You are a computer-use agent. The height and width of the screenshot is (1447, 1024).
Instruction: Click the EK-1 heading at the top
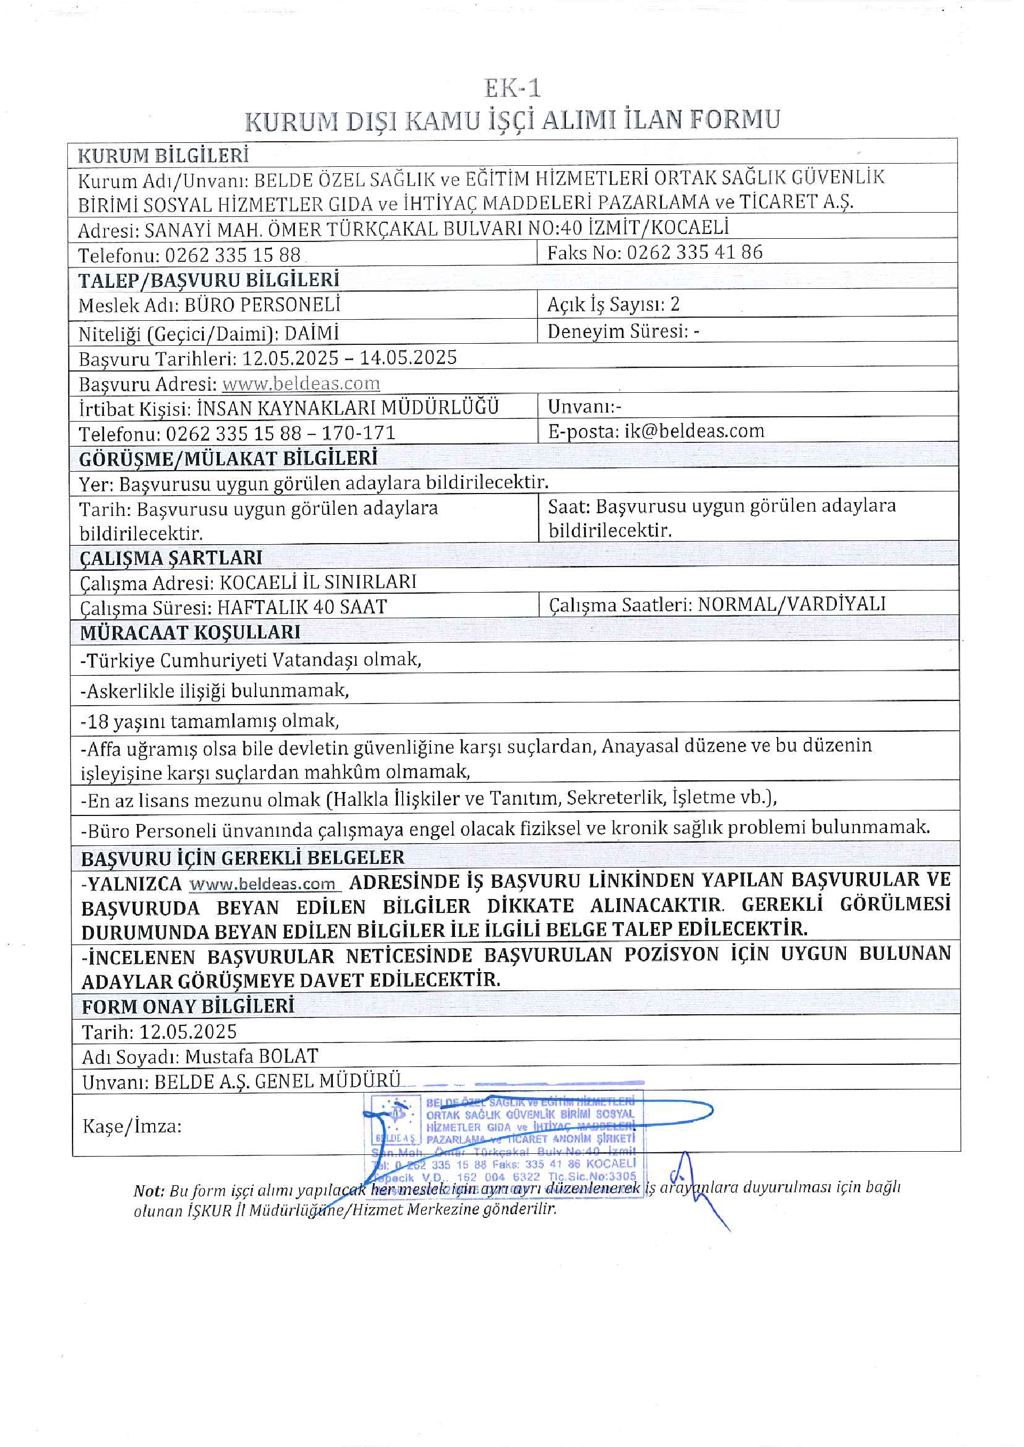point(512,88)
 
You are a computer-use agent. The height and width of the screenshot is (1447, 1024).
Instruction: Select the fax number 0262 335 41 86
point(694,253)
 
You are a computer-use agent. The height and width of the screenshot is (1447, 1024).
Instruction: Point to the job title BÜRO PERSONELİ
point(262,306)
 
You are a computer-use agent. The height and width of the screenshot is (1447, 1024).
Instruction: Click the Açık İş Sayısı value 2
point(675,304)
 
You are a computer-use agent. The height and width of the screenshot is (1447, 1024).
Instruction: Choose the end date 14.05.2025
point(408,358)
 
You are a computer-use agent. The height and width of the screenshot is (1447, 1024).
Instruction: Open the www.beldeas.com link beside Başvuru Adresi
point(301,384)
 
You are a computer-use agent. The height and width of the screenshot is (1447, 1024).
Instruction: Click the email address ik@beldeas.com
point(694,431)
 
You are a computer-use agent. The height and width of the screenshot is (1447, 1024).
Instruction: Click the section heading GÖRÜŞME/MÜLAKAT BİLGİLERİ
point(228,458)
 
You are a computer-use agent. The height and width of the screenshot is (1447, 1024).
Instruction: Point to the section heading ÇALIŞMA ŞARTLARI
point(171,558)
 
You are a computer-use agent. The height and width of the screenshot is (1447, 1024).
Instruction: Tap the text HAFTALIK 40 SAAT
point(302,607)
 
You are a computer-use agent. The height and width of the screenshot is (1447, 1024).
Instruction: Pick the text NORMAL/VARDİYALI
point(791,604)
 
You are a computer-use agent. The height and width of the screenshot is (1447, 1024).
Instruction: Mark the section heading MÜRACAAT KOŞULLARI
point(190,632)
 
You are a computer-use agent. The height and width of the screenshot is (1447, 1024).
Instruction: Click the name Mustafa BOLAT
point(252,1056)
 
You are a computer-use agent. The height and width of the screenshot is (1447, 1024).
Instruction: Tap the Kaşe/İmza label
point(132,1126)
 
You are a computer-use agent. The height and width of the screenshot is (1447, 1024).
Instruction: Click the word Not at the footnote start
point(148,1191)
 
